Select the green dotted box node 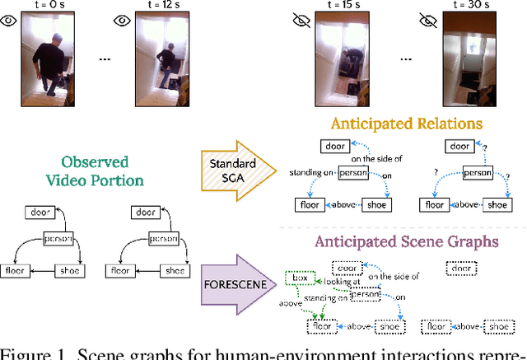click(x=297, y=279)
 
